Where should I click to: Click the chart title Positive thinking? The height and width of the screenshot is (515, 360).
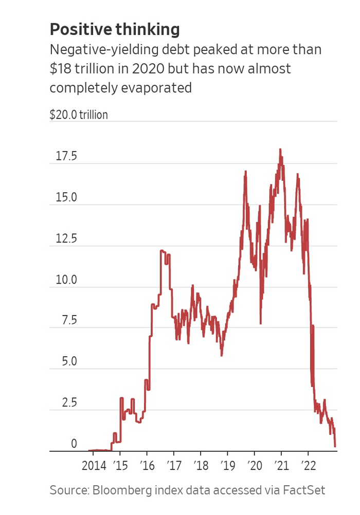(x=115, y=30)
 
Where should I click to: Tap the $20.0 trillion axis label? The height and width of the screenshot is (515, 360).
(x=79, y=114)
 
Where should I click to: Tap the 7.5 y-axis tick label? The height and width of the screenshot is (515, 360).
(x=66, y=321)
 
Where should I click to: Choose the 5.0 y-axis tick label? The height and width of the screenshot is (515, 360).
(x=66, y=362)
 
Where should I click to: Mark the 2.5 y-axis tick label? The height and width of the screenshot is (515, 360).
(x=66, y=403)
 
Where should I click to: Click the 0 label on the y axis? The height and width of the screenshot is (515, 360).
(x=74, y=444)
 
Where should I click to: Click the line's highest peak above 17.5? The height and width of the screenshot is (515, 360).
(x=280, y=150)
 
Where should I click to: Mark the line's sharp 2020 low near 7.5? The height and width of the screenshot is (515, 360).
(x=261, y=323)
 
